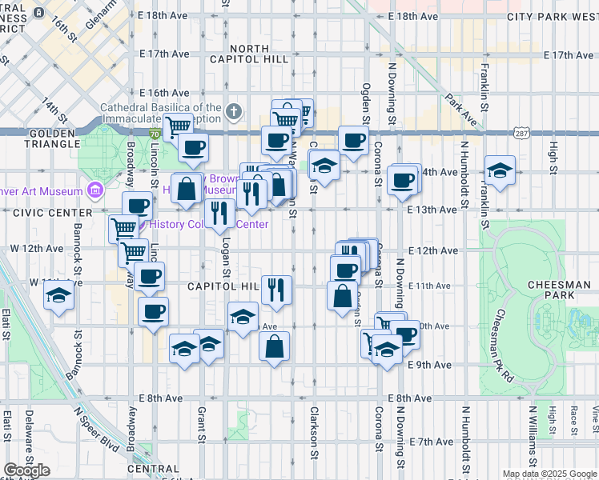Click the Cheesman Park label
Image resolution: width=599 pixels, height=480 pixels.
(548, 290)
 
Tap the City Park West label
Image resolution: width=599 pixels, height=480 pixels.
(552, 16)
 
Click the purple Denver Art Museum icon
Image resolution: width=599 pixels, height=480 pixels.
(95, 190)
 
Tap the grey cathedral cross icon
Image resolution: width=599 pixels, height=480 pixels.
(234, 111)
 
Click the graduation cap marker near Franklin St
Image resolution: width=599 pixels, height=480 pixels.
(500, 170)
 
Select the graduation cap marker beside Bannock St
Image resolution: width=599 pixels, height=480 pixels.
(58, 295)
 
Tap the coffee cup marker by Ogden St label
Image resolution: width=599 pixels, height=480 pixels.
(352, 141)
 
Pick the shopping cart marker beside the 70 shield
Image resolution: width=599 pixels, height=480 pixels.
(179, 125)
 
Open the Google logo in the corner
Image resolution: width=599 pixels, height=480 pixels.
(27, 470)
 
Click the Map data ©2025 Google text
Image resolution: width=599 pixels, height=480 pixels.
(549, 474)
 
